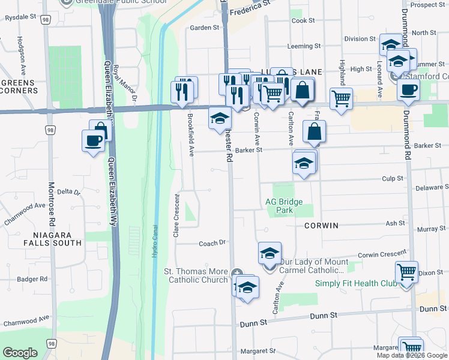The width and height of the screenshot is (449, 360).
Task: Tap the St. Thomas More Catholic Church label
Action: pyautogui.click(x=196, y=275)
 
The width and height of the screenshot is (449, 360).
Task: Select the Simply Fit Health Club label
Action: pyautogui.click(x=356, y=283)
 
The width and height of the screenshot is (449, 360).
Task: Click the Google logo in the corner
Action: pyautogui.click(x=20, y=353)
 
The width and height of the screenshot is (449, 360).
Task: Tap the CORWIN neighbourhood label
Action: pyautogui.click(x=321, y=226)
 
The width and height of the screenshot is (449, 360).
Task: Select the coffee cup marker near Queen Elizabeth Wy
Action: pyautogui.click(x=93, y=141)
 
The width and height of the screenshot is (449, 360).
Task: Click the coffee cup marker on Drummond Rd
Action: pyautogui.click(x=408, y=90)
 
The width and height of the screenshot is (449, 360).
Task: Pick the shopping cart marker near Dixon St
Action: pyautogui.click(x=406, y=272)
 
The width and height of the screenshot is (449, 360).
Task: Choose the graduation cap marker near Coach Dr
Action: pyautogui.click(x=270, y=253)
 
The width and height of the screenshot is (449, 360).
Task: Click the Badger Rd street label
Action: pyautogui.click(x=32, y=279)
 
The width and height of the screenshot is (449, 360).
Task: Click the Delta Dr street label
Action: pyautogui.click(x=69, y=192)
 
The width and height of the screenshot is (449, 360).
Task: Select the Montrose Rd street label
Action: pyautogui.click(x=52, y=204)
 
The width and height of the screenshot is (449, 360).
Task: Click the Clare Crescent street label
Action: pyautogui.click(x=176, y=216)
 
